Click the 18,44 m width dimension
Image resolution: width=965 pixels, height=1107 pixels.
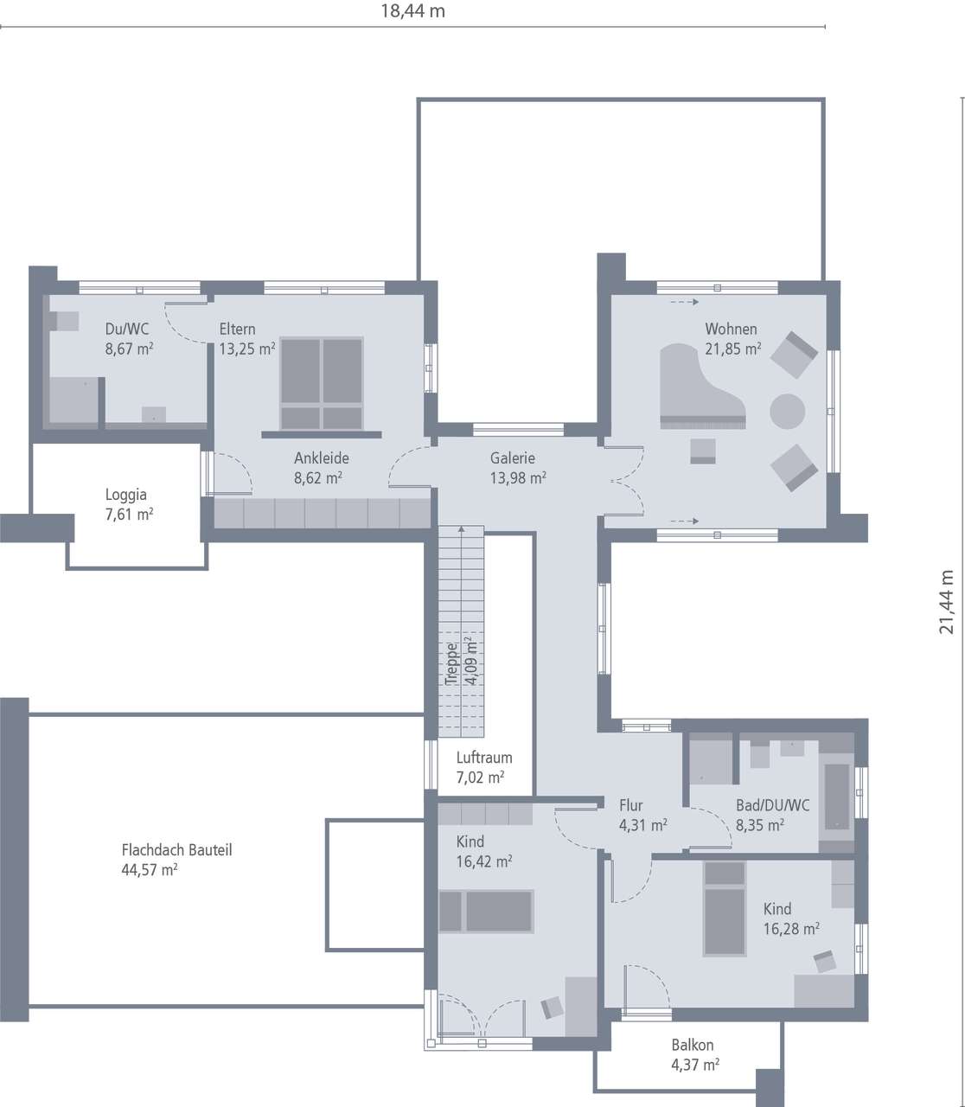click(413, 11)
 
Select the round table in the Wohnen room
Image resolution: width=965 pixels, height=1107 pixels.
click(787, 411)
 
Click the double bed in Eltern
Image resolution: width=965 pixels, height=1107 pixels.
click(322, 383)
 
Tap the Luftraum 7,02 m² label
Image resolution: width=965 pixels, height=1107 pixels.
click(483, 767)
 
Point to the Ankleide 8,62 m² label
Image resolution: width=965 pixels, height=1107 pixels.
click(320, 468)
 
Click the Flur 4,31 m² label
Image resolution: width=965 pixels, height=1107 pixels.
click(642, 816)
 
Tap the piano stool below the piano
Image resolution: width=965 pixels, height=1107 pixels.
click(703, 451)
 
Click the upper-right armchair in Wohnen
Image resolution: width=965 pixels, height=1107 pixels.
click(794, 354)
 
